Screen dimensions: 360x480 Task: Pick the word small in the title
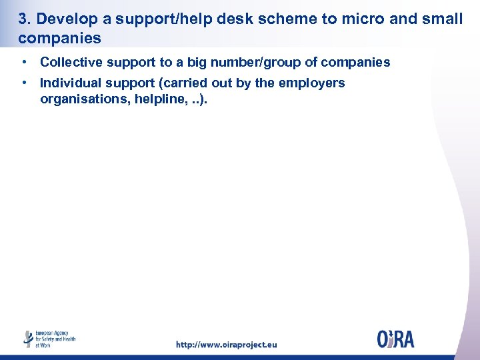(x=442, y=19)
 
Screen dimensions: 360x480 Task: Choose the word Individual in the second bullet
(x=69, y=83)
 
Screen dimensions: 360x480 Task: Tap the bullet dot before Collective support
(x=24, y=62)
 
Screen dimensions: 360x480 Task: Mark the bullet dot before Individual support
(x=24, y=83)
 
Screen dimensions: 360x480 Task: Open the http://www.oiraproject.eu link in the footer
(x=226, y=345)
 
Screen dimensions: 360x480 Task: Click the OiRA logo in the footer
(x=395, y=339)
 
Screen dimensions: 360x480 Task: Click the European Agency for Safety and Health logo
(x=49, y=339)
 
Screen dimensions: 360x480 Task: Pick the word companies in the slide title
(x=60, y=38)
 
